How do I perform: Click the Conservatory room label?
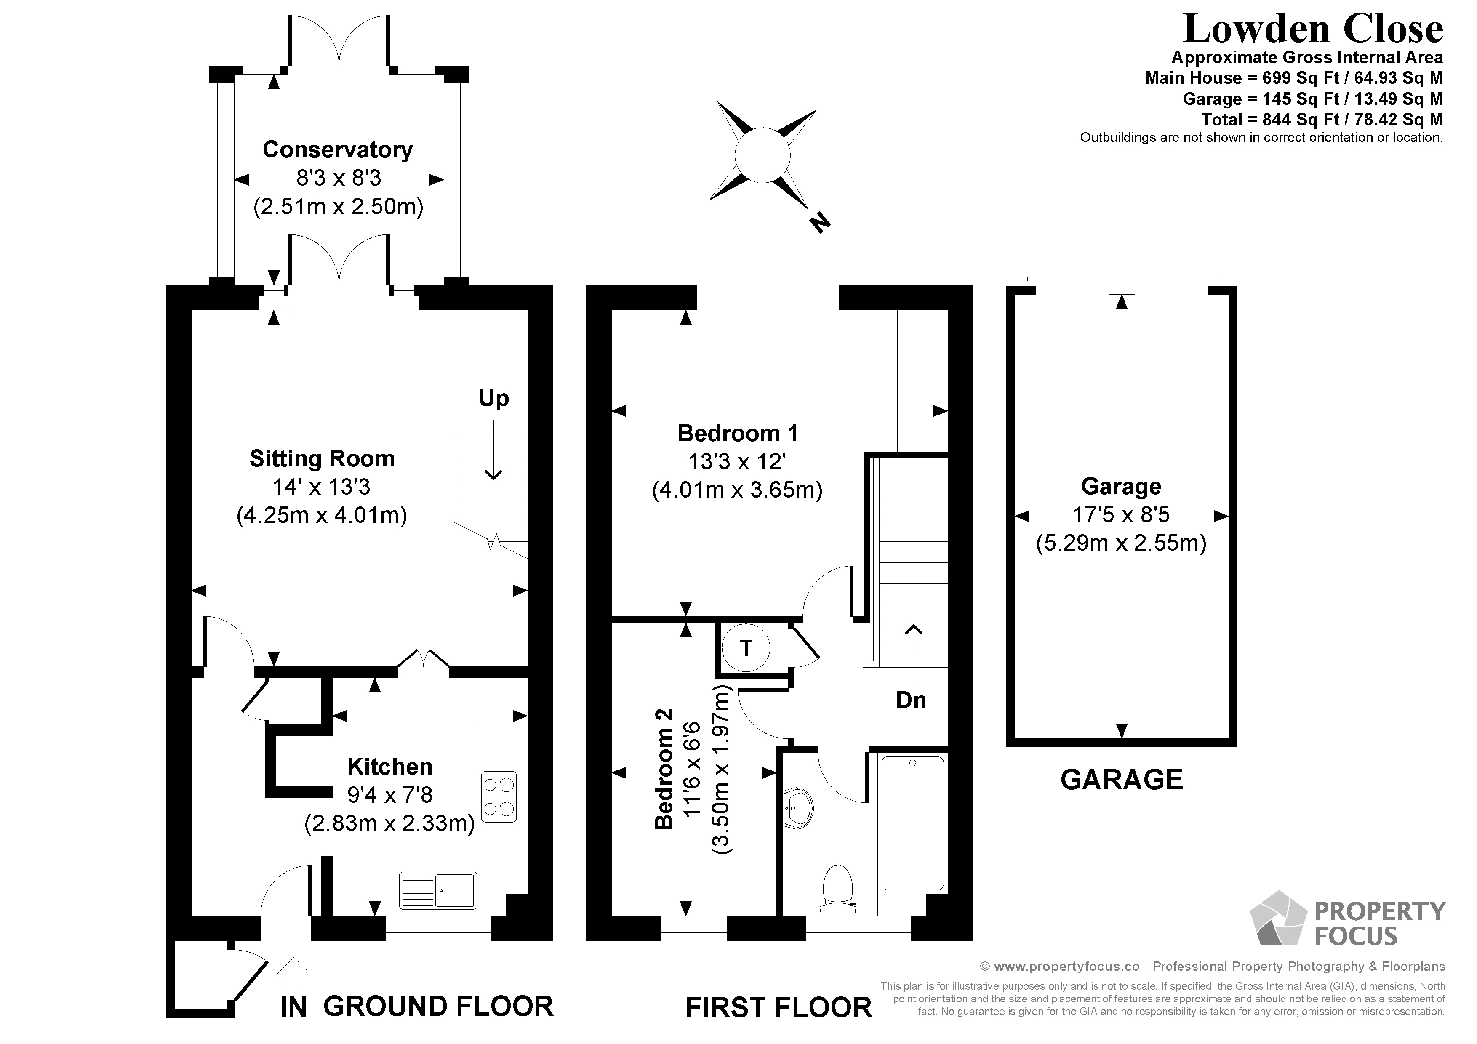coord(338,149)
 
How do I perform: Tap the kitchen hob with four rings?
coord(499,797)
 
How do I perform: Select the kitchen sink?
coord(438,890)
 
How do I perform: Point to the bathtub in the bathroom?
coord(912,824)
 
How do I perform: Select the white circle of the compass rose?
coord(762,155)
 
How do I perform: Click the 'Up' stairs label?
coord(493,398)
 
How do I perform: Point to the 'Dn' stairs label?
coord(911,700)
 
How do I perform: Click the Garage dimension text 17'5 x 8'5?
coord(1121,514)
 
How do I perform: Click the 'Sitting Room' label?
coord(322,458)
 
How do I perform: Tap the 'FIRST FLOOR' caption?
coord(778,1007)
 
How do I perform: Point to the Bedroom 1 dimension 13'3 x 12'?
coord(737,462)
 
